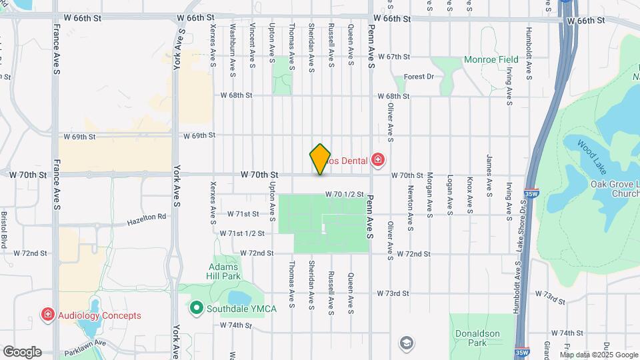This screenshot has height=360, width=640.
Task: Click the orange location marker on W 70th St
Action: pos(320,159)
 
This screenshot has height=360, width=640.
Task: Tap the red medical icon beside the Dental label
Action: pos(378,159)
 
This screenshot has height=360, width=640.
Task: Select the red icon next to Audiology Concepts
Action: pos(48,315)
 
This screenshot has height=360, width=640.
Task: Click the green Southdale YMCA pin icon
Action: pos(196,308)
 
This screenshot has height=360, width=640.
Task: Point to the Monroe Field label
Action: pos(491,60)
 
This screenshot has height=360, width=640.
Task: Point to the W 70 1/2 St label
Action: pos(345,195)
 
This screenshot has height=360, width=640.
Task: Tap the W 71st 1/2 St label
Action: pos(242,233)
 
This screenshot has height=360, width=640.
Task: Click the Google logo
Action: pos(21,352)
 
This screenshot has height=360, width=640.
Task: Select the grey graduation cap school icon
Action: pos(405,343)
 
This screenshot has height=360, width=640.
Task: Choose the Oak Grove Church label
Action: pos(615,189)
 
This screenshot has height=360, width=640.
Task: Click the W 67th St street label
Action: pos(393,57)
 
